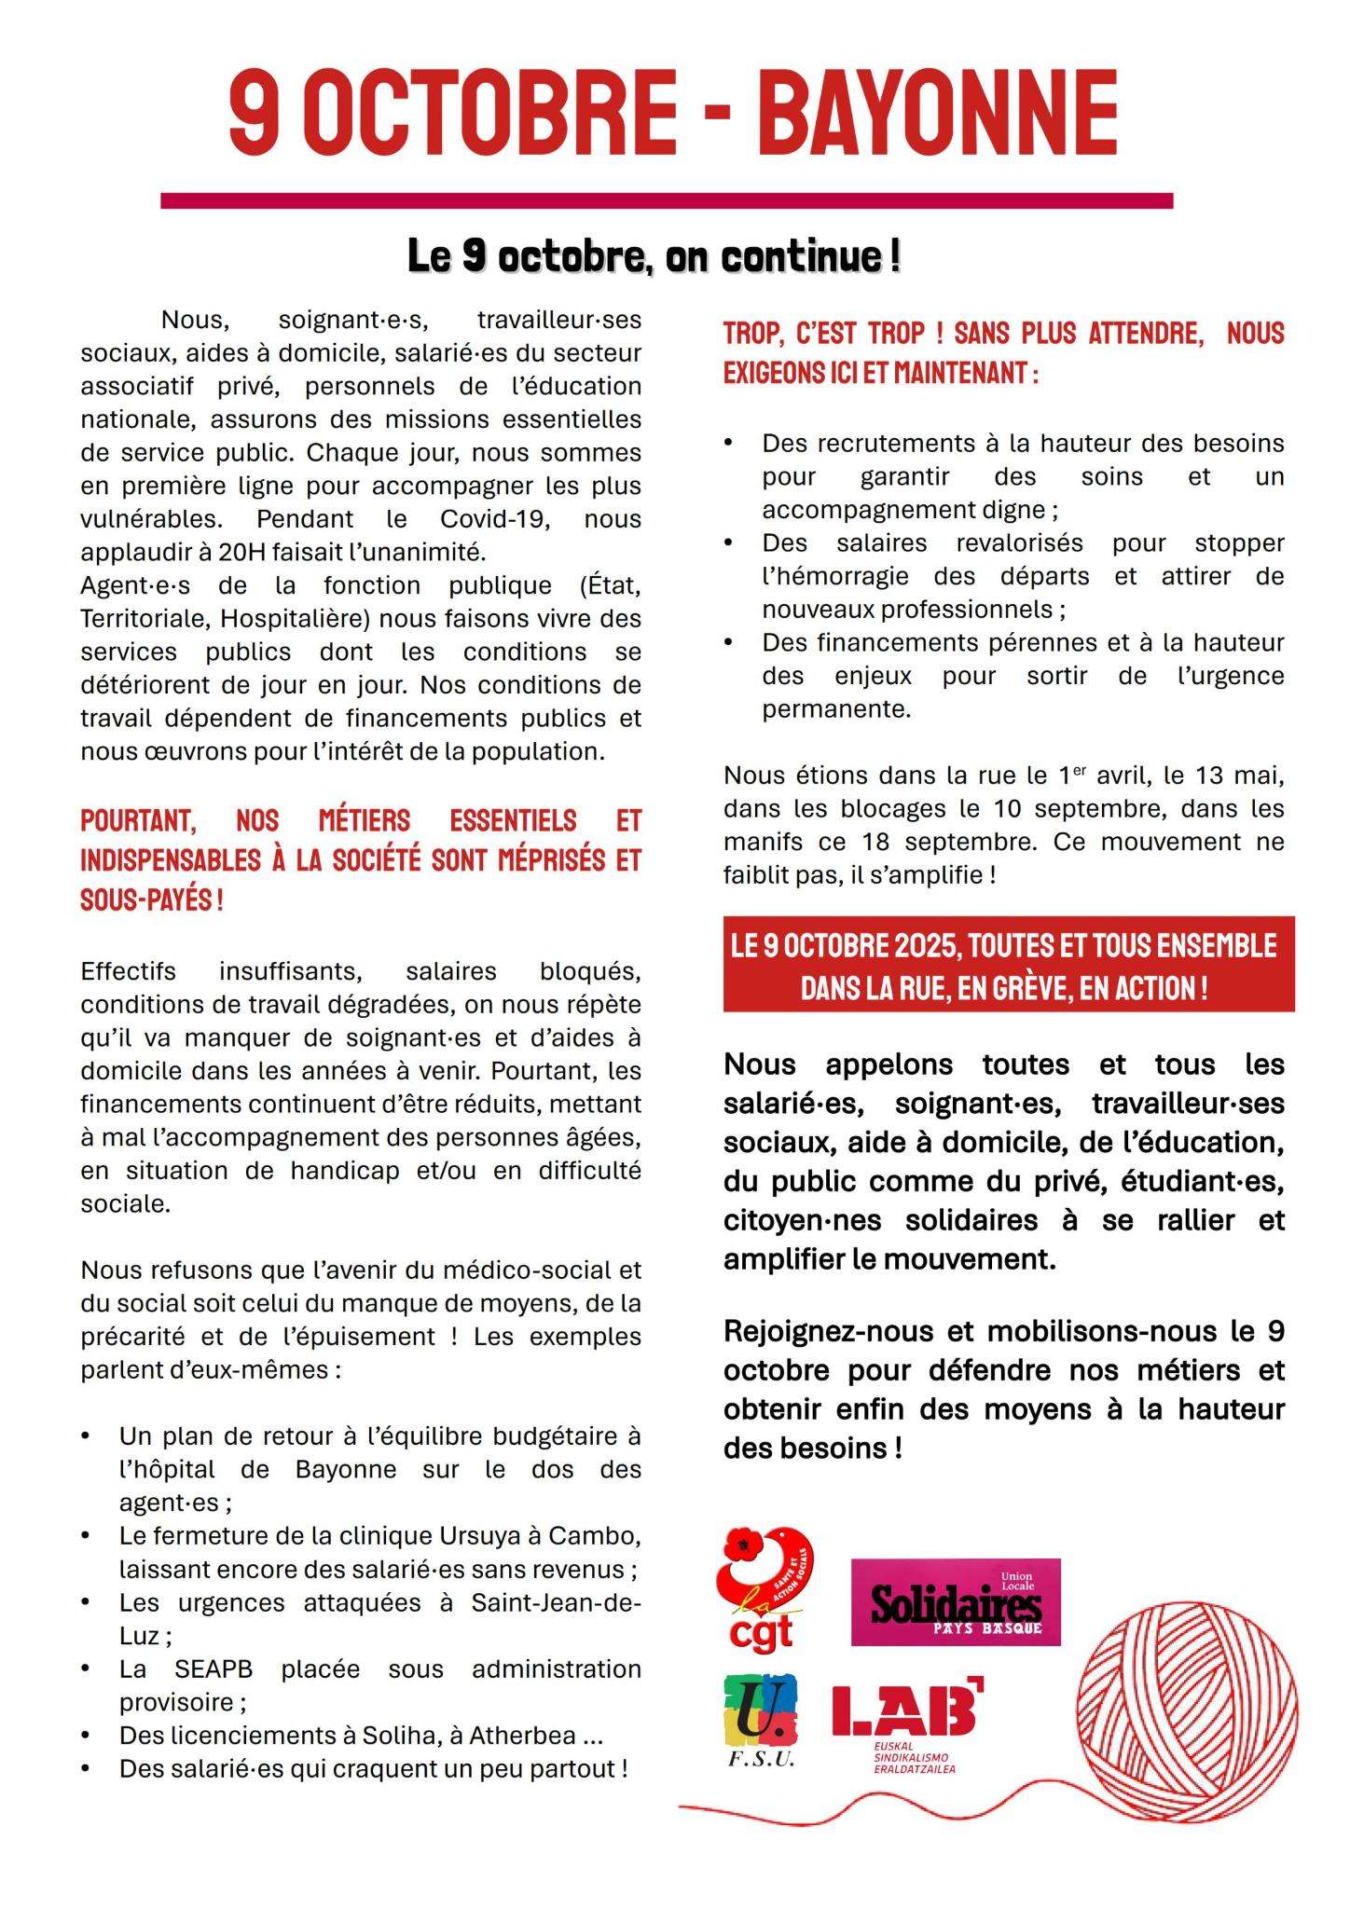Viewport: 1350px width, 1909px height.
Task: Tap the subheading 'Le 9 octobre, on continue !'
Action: [654, 255]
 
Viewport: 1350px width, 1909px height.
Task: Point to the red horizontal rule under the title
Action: [666, 200]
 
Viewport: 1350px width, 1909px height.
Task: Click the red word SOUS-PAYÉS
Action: [146, 900]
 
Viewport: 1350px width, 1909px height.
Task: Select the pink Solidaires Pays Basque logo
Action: [956, 1601]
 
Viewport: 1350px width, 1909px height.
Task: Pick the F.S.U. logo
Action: [761, 1721]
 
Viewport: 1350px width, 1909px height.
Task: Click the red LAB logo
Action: [906, 1721]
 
